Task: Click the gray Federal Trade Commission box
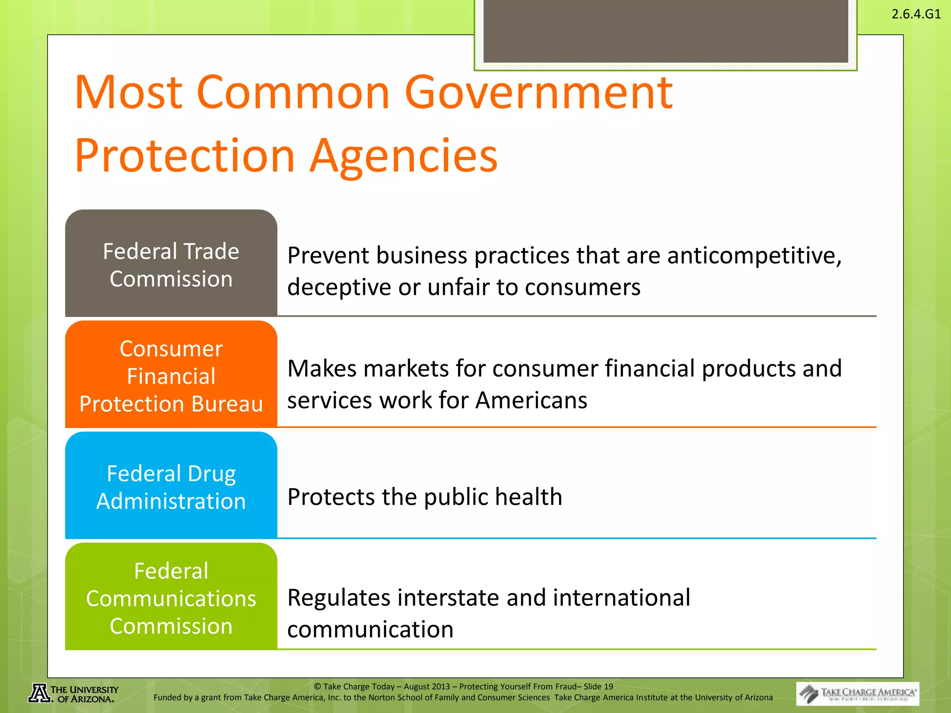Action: coord(171,264)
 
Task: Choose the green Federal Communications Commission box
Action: coord(171,597)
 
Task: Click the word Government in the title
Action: coord(539,93)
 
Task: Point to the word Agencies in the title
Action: coord(404,156)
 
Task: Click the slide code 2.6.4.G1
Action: coord(916,14)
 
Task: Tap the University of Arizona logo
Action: coord(73,694)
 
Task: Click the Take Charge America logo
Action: coord(857,694)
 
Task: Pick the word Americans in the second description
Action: coord(531,400)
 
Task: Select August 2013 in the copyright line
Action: coord(427,687)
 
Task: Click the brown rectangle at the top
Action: coord(665,30)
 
